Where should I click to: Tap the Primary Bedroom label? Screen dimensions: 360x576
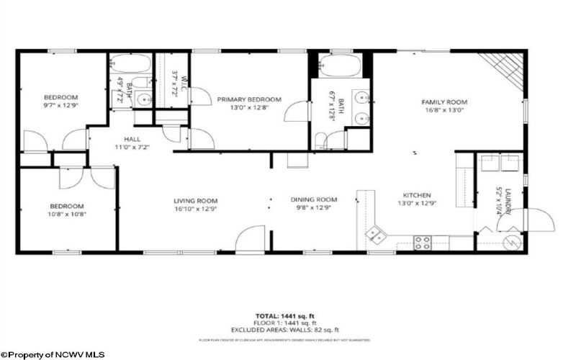click(249, 99)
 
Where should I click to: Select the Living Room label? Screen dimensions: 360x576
click(195, 201)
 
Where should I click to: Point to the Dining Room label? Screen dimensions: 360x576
click(314, 199)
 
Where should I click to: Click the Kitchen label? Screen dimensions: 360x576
click(416, 194)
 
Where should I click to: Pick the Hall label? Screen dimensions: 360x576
click(132, 139)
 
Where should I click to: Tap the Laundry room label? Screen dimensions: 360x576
click(507, 200)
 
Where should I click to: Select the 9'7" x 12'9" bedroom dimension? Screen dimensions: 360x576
click(60, 106)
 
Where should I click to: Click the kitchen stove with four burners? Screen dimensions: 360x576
click(422, 243)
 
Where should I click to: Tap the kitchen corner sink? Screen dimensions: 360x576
click(376, 232)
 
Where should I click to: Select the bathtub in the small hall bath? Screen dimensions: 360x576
click(130, 65)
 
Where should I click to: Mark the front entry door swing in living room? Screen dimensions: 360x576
click(253, 238)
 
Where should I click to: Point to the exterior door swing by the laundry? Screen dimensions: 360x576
click(536, 220)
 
